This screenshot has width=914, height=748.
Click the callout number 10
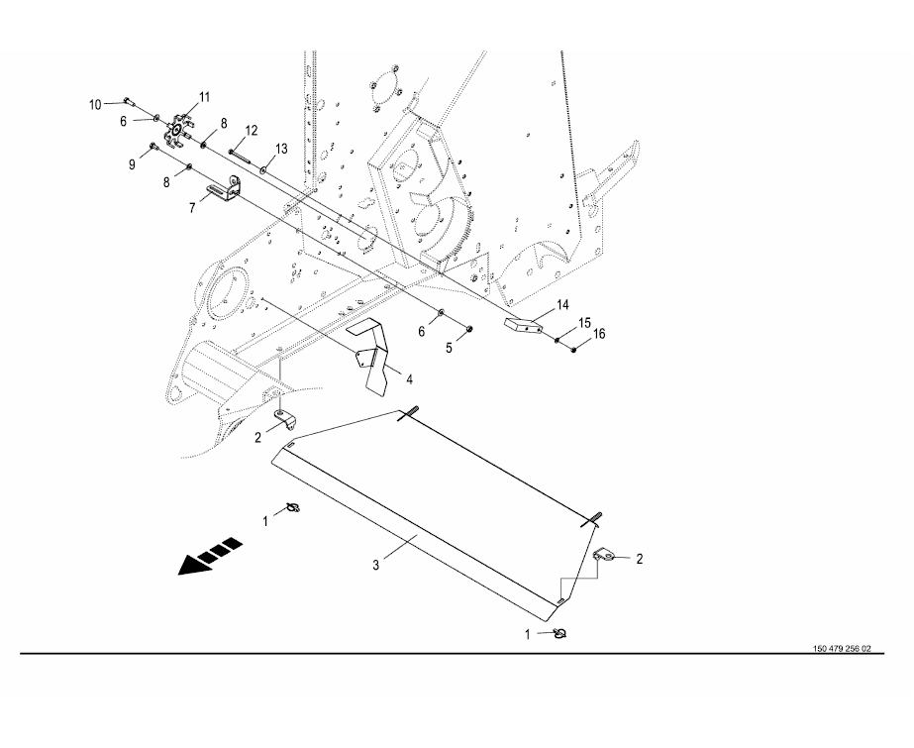(95, 103)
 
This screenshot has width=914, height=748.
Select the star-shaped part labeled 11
(175, 128)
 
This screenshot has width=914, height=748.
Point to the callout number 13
(281, 149)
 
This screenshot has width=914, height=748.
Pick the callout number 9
(132, 165)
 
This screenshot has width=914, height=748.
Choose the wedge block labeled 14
(526, 324)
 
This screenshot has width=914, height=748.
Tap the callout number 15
(584, 322)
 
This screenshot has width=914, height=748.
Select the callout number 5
(448, 347)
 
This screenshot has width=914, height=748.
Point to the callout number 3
(376, 565)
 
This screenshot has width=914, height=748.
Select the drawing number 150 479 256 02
(841, 649)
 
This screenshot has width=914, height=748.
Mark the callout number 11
(204, 96)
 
